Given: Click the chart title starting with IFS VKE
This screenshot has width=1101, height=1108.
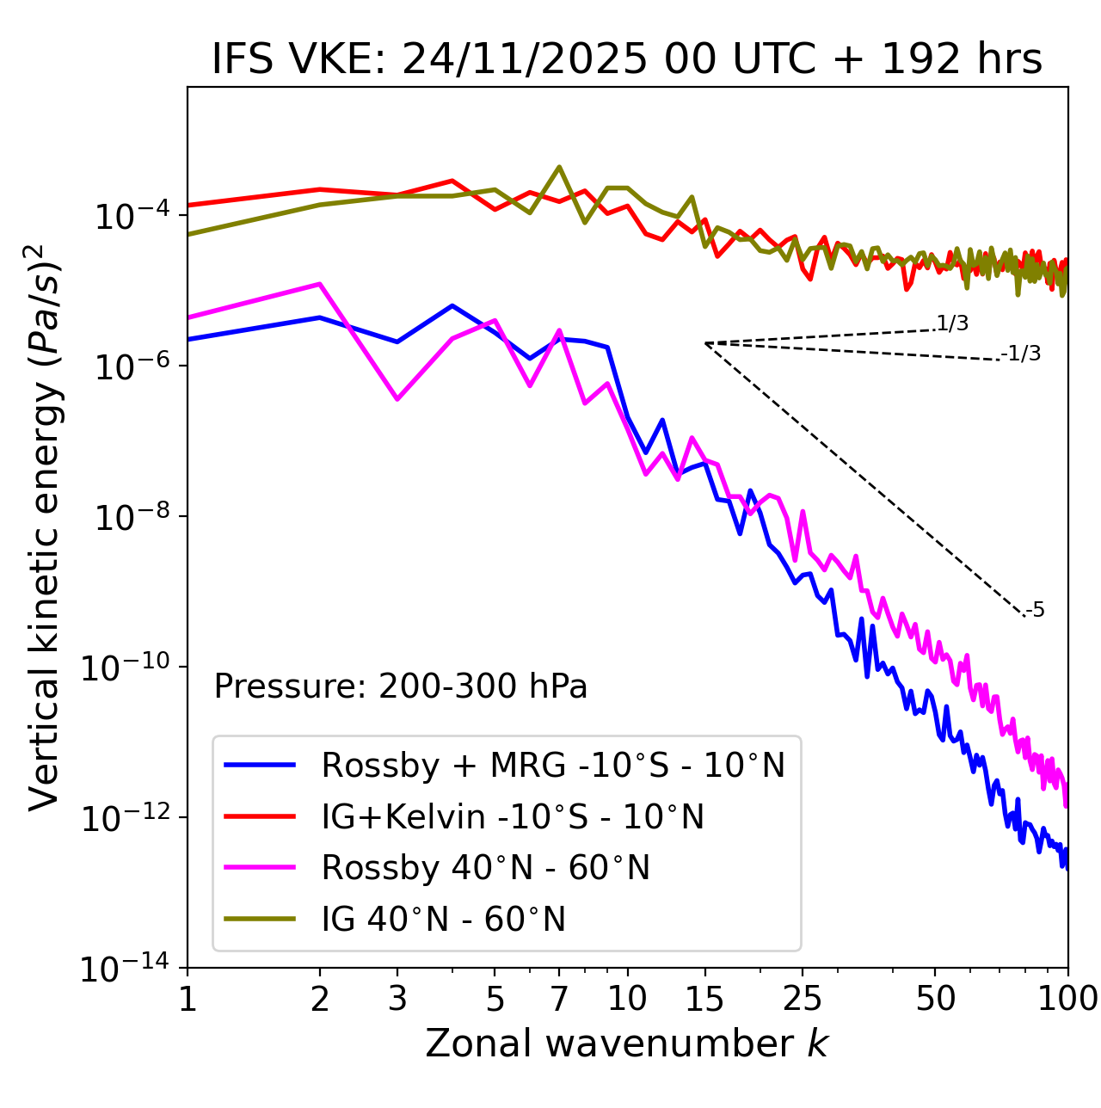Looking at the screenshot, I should point(627,59).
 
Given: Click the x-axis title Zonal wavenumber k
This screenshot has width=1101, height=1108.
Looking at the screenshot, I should point(627,1043).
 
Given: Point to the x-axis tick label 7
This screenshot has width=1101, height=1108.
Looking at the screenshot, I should point(559,999).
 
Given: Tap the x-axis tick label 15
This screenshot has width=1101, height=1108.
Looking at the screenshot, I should point(705,999).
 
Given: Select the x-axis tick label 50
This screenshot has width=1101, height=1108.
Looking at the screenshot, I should point(936,999).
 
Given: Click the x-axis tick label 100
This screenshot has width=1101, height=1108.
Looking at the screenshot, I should point(1067,999).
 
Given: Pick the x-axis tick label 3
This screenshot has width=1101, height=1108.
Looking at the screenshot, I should point(397,999).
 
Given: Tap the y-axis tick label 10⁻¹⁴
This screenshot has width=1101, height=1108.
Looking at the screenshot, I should point(126,969).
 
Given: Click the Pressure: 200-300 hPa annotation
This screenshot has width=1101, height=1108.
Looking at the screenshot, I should point(401,686).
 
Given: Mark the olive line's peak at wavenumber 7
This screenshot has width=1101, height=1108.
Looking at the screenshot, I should point(559,167).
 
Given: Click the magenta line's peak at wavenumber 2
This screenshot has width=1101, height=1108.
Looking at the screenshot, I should point(320,284).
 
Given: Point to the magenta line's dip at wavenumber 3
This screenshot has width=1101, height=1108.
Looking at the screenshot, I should point(397,399).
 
